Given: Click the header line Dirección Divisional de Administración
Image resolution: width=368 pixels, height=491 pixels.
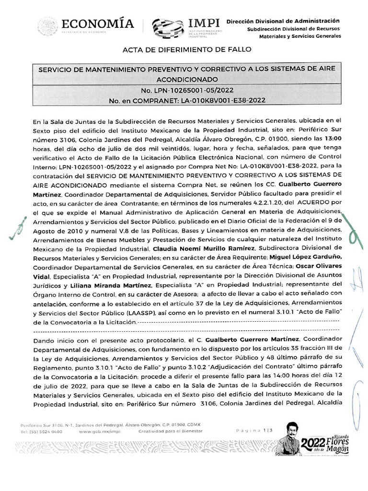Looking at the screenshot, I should pyautogui.click(x=283, y=21).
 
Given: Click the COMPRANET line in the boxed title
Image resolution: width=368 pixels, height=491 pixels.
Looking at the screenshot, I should pyautogui.click(x=187, y=101).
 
